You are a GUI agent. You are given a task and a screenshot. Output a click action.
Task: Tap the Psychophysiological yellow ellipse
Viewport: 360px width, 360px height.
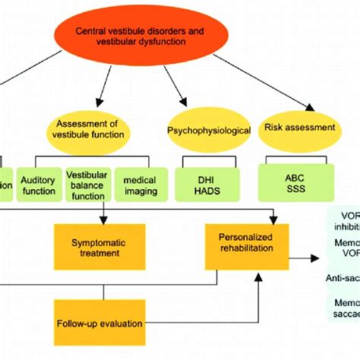point(209,130)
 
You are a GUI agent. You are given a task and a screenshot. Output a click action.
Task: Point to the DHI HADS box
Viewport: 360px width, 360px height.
point(207,184)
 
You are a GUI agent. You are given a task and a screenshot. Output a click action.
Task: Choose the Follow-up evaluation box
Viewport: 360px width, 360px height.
point(99,323)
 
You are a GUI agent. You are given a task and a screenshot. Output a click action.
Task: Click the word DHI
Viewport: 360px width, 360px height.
point(207,178)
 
